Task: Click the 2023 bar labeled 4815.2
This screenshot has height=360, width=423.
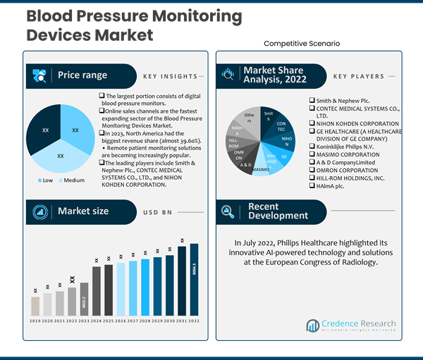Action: pyautogui.click(x=85, y=299)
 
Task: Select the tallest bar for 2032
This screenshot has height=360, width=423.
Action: pyautogui.click(x=194, y=279)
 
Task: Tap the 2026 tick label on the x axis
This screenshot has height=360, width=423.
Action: pyautogui.click(x=121, y=321)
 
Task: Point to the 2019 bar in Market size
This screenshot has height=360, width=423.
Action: pyautogui.click(x=35, y=306)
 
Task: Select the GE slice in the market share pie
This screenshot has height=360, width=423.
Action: pyautogui.click(x=283, y=156)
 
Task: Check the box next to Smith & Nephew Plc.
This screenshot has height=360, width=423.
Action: pyautogui.click(x=312, y=101)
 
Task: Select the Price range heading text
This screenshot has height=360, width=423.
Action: pyautogui.click(x=82, y=75)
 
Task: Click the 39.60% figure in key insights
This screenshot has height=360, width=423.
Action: pyautogui.click(x=173, y=141)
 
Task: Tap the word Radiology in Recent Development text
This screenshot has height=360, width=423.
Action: pyautogui.click(x=362, y=262)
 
